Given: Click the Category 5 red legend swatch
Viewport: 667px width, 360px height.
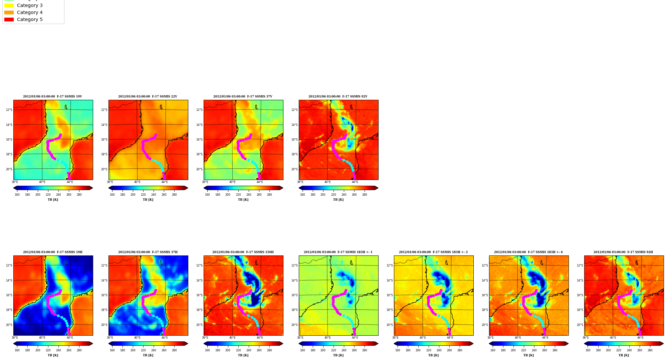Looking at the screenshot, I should click(x=9, y=20).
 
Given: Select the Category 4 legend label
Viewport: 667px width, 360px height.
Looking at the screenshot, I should click(x=30, y=13).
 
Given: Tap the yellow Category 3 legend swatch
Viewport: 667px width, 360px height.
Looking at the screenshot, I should click(x=9, y=6).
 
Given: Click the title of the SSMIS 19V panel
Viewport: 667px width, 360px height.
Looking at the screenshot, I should click(x=52, y=97).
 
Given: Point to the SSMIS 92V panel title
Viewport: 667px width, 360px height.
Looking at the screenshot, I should click(x=338, y=97).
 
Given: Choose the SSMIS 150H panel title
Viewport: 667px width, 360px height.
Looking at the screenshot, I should click(x=243, y=252).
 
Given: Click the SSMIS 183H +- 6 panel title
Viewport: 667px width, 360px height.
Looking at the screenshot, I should click(x=528, y=252).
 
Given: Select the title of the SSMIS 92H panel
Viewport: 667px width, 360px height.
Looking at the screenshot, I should click(x=623, y=252).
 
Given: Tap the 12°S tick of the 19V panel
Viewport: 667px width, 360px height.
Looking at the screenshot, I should click(x=9, y=110).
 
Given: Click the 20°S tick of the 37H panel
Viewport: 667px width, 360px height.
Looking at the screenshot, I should click(x=104, y=325).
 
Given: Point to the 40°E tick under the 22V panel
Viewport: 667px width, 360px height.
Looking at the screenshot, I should click(x=137, y=182).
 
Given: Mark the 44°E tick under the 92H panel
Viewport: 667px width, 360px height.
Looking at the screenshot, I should click(x=640, y=338).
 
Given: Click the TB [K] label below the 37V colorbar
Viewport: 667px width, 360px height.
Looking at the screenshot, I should click(x=243, y=200).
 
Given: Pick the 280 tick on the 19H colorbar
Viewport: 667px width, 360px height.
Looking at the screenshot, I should click(x=79, y=350).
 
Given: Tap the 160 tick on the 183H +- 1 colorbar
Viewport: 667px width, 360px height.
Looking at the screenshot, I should click(x=302, y=350).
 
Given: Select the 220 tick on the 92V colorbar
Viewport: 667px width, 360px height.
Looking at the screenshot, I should click(x=333, y=195).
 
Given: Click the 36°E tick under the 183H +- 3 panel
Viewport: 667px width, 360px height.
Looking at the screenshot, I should click(x=395, y=338).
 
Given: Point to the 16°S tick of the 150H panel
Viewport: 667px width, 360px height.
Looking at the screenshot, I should click(x=199, y=295).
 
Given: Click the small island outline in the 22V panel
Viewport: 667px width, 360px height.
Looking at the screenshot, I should click(x=161, y=107).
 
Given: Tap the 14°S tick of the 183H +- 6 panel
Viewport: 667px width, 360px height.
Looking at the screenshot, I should click(x=485, y=281).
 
